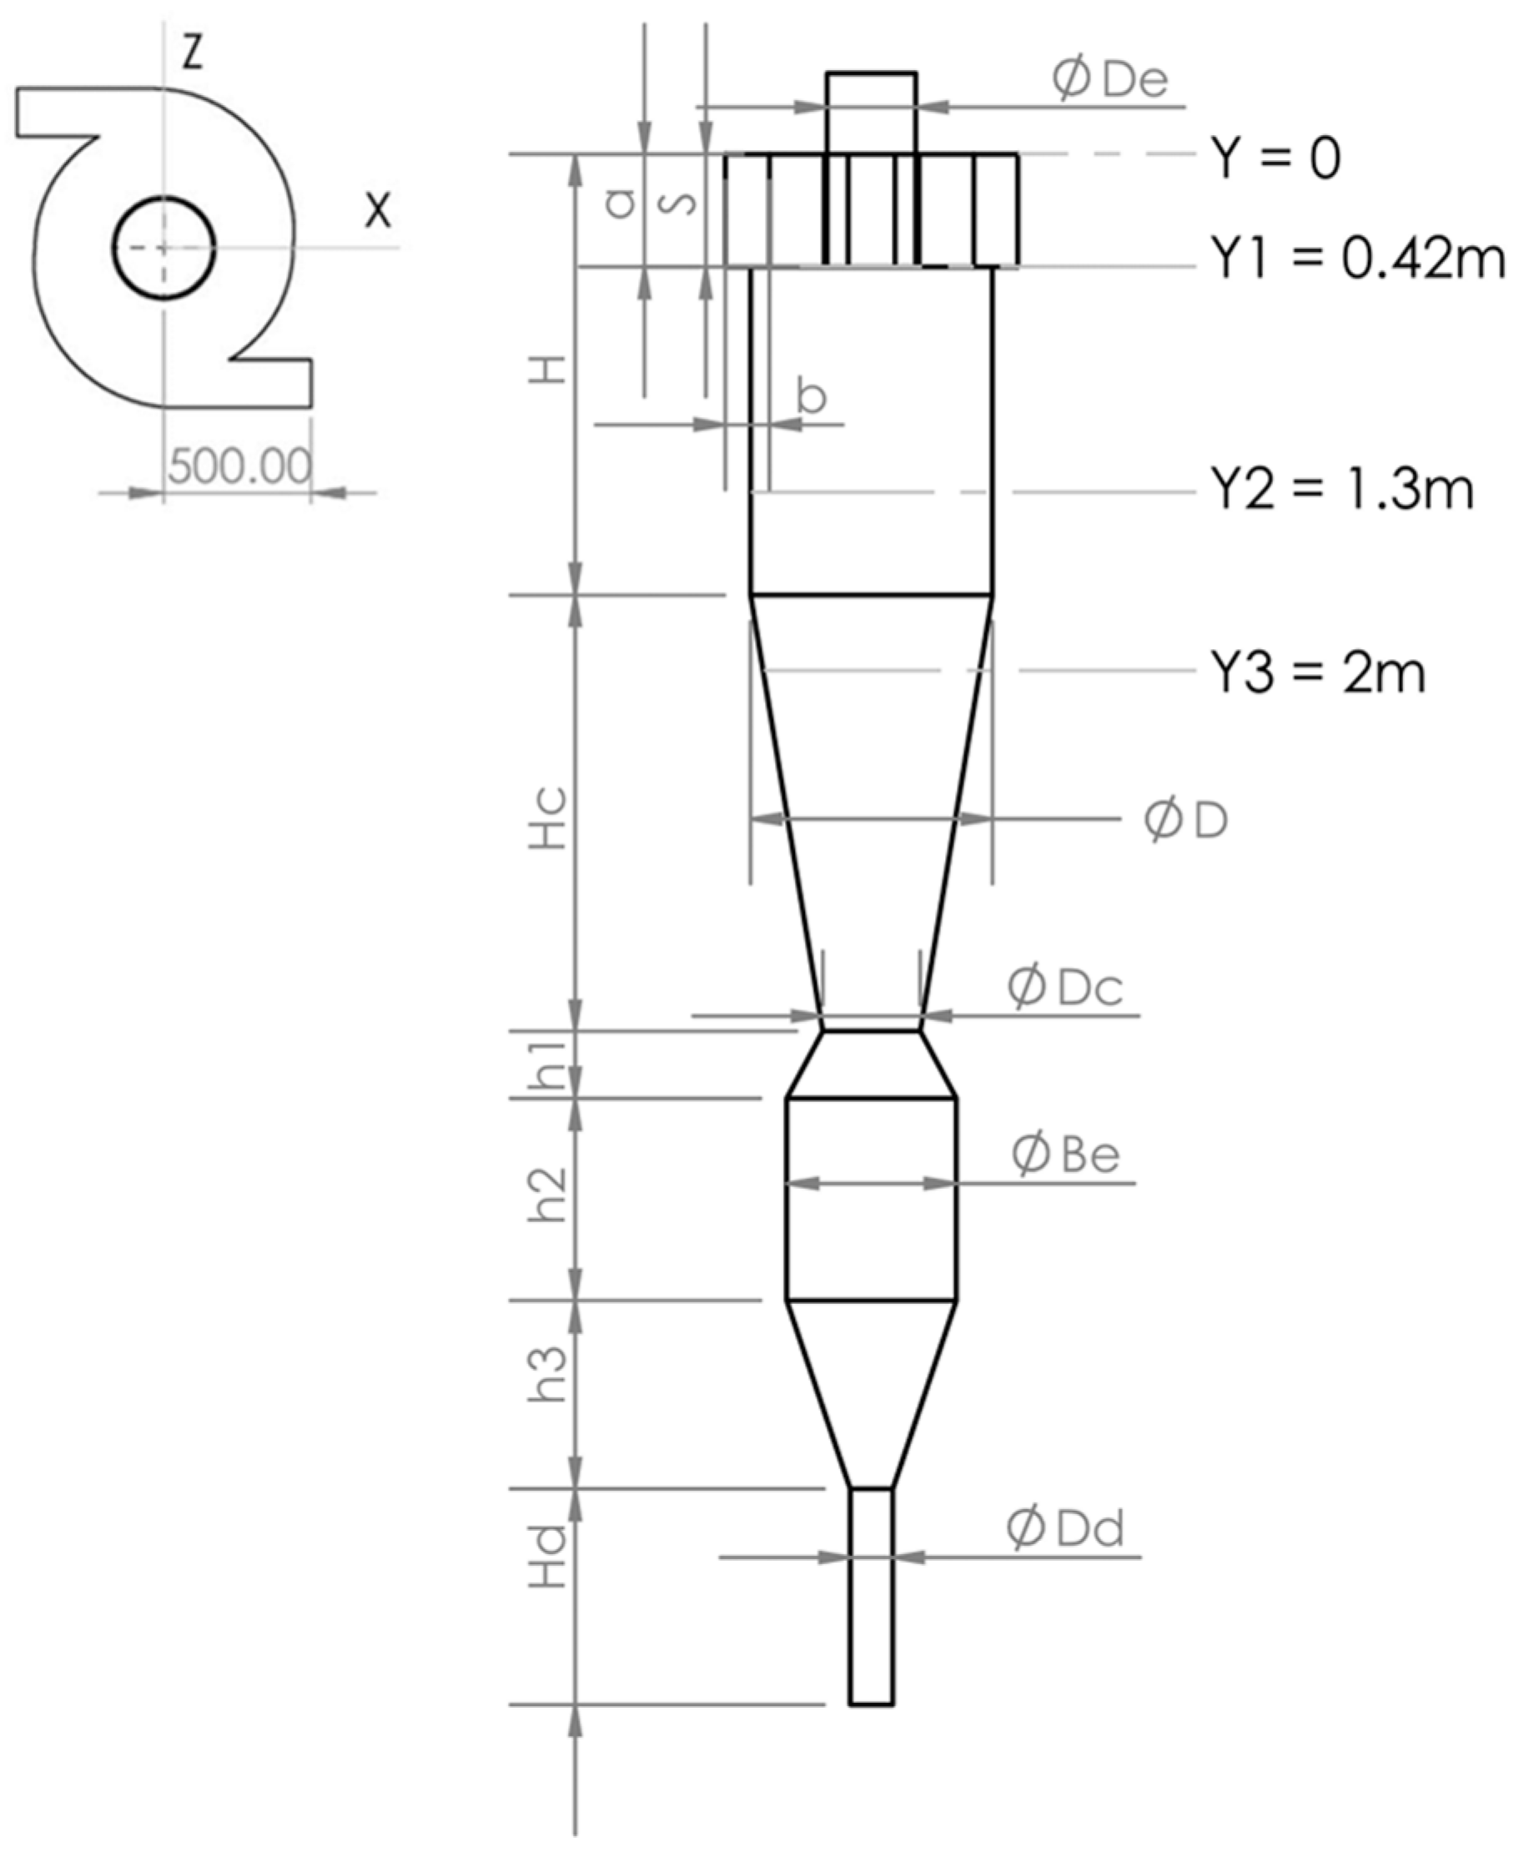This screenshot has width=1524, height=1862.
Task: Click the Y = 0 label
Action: click(x=1275, y=159)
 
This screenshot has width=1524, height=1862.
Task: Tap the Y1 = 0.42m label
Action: click(x=1357, y=259)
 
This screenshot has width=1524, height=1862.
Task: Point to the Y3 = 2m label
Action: click(x=1318, y=673)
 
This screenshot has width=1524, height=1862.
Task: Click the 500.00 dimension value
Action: click(x=239, y=465)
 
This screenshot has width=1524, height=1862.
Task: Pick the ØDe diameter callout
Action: click(x=1111, y=80)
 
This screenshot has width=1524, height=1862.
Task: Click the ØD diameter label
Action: click(x=1185, y=821)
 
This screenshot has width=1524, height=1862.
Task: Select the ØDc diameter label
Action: click(x=1065, y=988)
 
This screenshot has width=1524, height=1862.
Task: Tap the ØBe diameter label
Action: click(x=1066, y=1155)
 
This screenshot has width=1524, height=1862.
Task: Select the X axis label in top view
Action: click(x=379, y=211)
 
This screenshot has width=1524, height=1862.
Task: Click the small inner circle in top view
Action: click(x=164, y=248)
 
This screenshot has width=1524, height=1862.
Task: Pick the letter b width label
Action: click(x=812, y=395)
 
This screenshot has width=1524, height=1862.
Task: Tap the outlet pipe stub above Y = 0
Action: click(x=871, y=113)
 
